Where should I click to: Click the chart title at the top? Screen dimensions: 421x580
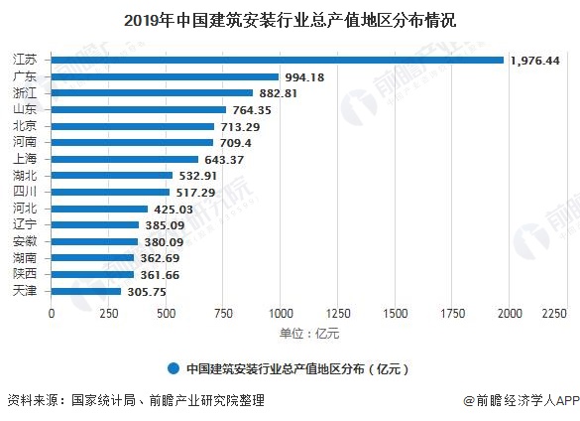(290, 19)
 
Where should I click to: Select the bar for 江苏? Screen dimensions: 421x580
(277, 61)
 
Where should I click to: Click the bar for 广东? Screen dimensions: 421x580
(165, 76)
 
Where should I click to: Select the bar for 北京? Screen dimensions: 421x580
(132, 126)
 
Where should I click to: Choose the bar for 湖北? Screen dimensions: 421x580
(111, 176)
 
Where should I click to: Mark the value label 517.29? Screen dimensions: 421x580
(197, 192)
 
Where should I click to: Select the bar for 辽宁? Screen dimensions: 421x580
(94, 224)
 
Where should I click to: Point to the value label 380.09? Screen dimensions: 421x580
(166, 241)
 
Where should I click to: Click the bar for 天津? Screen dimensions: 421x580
(85, 291)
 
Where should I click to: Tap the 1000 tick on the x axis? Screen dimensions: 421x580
(281, 313)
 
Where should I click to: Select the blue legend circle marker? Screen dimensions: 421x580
(174, 367)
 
